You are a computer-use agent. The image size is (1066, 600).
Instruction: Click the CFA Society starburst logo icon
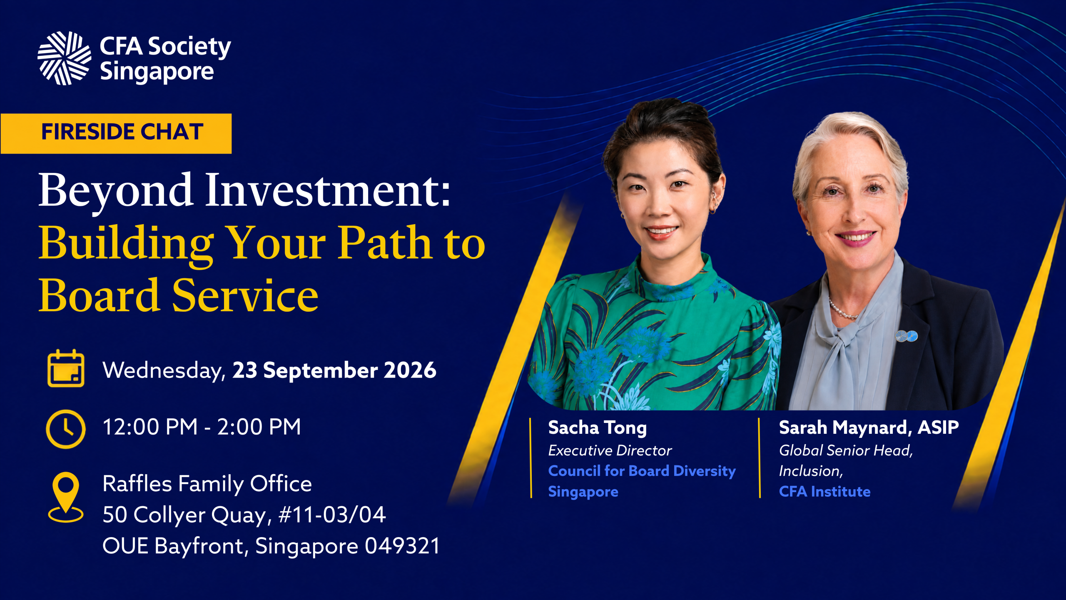tap(64, 58)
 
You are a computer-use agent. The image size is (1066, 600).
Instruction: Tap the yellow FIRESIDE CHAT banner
tap(116, 133)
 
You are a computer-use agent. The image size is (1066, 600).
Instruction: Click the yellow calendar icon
tap(66, 368)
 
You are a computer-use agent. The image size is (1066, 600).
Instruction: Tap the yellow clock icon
tap(66, 429)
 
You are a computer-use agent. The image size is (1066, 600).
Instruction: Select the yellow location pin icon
tap(66, 497)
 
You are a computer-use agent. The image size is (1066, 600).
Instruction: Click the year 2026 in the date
tap(410, 370)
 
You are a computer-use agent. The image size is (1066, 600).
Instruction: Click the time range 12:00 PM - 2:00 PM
tap(202, 427)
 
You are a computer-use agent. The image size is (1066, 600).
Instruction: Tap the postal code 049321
tap(403, 546)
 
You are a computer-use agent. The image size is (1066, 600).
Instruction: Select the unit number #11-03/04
tap(332, 515)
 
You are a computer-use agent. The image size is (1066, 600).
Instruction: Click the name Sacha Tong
tap(598, 428)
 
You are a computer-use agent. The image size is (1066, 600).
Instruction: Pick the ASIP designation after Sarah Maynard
tap(939, 427)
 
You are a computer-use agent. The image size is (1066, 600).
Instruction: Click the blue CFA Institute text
tap(824, 492)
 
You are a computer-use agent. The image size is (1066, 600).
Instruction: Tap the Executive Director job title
tap(610, 450)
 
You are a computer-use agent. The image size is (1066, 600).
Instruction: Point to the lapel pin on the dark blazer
tap(907, 336)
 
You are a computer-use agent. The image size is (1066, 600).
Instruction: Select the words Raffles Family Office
tap(207, 484)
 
